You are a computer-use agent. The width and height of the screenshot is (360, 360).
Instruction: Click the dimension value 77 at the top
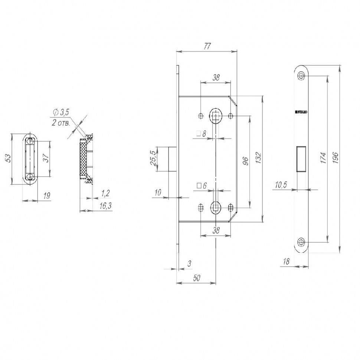click(x=207, y=46)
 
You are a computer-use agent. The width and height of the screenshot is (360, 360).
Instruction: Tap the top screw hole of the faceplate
click(x=301, y=76)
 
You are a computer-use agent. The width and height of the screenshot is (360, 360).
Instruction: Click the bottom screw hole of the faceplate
click(x=301, y=242)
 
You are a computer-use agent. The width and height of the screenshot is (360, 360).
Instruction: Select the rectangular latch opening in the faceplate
click(x=301, y=159)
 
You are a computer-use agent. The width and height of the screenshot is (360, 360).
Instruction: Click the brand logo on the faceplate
click(x=301, y=111)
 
